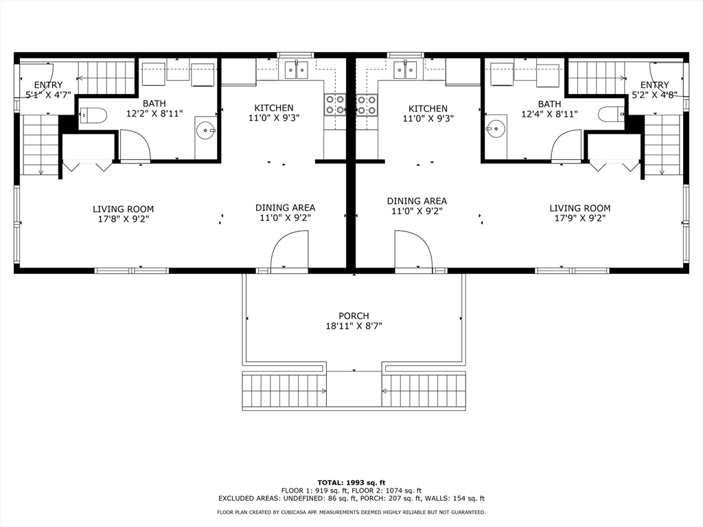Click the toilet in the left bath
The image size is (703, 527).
pyautogui.click(x=93, y=115)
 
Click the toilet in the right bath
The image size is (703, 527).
pyautogui.click(x=610, y=115)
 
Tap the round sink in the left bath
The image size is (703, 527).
pyautogui.click(x=205, y=130)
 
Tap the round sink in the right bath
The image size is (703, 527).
pyautogui.click(x=496, y=128)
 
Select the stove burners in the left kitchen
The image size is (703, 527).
pyautogui.click(x=335, y=104)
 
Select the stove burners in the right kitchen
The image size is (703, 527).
pyautogui.click(x=367, y=104)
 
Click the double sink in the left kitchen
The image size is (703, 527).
pyautogui.click(x=297, y=69)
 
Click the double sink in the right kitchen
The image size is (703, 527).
pyautogui.click(x=405, y=69)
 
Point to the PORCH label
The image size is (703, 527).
pyautogui.click(x=354, y=316)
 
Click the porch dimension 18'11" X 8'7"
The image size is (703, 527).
pyautogui.click(x=354, y=327)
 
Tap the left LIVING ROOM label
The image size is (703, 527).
pyautogui.click(x=124, y=209)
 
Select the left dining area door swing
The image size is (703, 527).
pyautogui.click(x=288, y=252)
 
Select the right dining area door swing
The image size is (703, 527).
pyautogui.click(x=413, y=252)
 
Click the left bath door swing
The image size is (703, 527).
pyautogui.click(x=135, y=145)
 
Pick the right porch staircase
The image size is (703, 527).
pyautogui.click(x=423, y=390)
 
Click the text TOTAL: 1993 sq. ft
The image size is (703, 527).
pyautogui.click(x=351, y=482)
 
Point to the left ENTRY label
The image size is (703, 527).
pyautogui.click(x=48, y=85)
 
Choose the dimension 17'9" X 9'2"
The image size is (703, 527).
pyautogui.click(x=579, y=220)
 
